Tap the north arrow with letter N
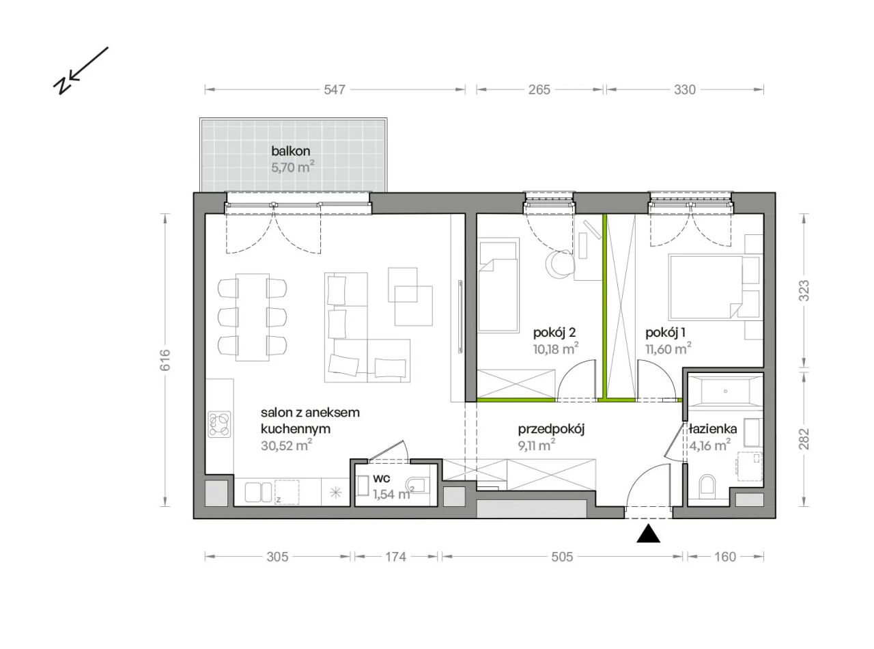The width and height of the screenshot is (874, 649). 81,71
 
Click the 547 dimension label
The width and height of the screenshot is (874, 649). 335,90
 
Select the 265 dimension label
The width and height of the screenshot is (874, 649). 539,90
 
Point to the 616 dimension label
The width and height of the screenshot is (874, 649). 165,359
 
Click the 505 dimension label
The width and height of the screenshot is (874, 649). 562,557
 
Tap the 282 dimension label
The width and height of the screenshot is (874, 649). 804,439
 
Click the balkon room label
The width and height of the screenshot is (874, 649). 291,151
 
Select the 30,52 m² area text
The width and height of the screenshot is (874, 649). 287,445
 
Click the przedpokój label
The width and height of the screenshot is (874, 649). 551,430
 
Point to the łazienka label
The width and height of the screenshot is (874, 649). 713,428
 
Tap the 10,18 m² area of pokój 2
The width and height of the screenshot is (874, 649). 556,348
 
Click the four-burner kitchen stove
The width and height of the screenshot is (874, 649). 220,425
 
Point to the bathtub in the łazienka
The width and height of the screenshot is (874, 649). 725,391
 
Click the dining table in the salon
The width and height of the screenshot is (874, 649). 253,317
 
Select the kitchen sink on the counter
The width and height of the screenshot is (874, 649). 259,492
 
